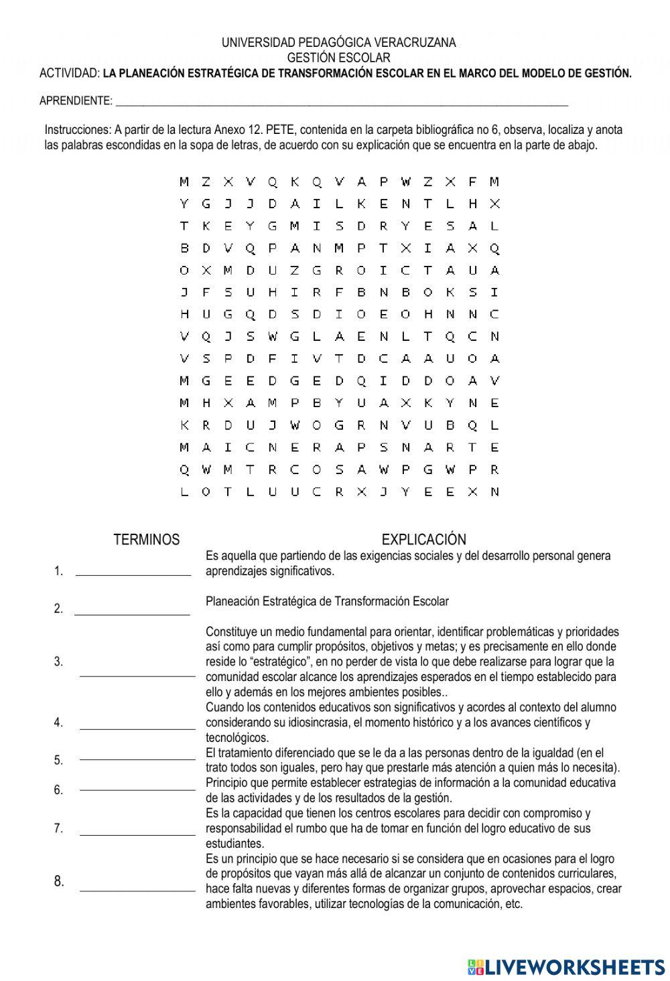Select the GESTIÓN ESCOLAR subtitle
coord(338,58)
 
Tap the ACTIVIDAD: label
coord(70,73)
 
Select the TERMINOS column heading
coord(147,540)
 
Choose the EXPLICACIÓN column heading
coord(423,540)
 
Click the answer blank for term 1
coord(133,573)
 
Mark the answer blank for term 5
coord(137,759)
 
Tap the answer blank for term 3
coord(137,676)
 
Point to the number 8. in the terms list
coord(59,881)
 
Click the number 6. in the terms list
coord(58,790)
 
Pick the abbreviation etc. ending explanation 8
coord(513,904)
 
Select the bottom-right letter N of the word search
coord(494,492)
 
